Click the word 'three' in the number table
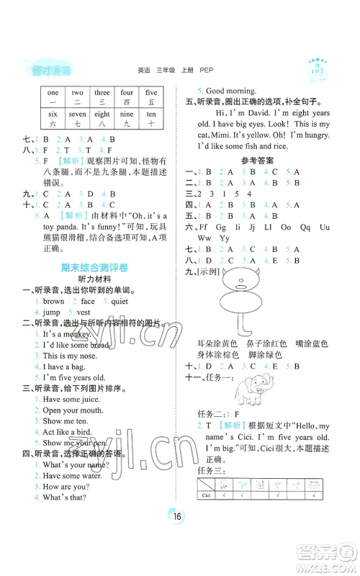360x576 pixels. point(102,93)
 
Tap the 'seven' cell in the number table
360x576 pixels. point(77,114)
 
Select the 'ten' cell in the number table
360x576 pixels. point(151,114)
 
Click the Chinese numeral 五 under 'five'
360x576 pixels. point(151,103)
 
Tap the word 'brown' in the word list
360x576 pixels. point(54,302)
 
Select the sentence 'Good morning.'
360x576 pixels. point(231,91)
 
